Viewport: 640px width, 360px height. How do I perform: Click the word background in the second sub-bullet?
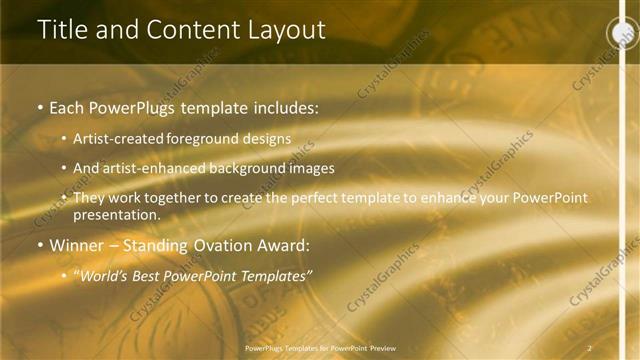(x=251, y=169)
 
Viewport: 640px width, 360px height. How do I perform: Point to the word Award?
(x=284, y=244)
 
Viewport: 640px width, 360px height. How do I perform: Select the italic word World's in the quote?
(x=102, y=274)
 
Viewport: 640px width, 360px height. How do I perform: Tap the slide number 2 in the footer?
(x=589, y=347)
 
